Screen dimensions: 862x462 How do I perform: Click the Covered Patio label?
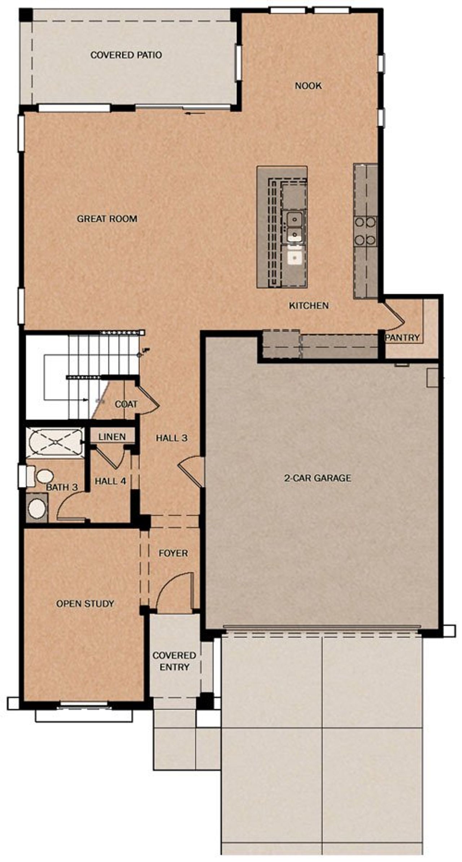[x=126, y=55]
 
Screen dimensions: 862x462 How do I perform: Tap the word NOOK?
[x=308, y=86]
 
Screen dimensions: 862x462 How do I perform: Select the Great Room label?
[x=107, y=218]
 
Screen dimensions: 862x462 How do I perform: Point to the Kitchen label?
[x=309, y=305]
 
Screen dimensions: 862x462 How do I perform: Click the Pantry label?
[x=402, y=338]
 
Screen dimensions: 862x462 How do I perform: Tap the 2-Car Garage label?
[x=317, y=478]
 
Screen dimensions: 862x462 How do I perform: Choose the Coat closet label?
[x=126, y=404]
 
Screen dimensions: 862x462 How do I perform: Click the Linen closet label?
[x=112, y=437]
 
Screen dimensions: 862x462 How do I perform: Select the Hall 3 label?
[x=171, y=438]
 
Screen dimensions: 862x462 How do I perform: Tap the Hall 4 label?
[x=110, y=481]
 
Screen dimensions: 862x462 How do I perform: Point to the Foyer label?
[x=173, y=553]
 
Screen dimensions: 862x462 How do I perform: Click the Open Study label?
[x=85, y=604]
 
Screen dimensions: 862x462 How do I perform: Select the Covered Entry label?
[x=174, y=661]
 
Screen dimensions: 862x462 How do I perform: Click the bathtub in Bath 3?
[x=55, y=443]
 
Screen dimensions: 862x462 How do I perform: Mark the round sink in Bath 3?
[x=37, y=508]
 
